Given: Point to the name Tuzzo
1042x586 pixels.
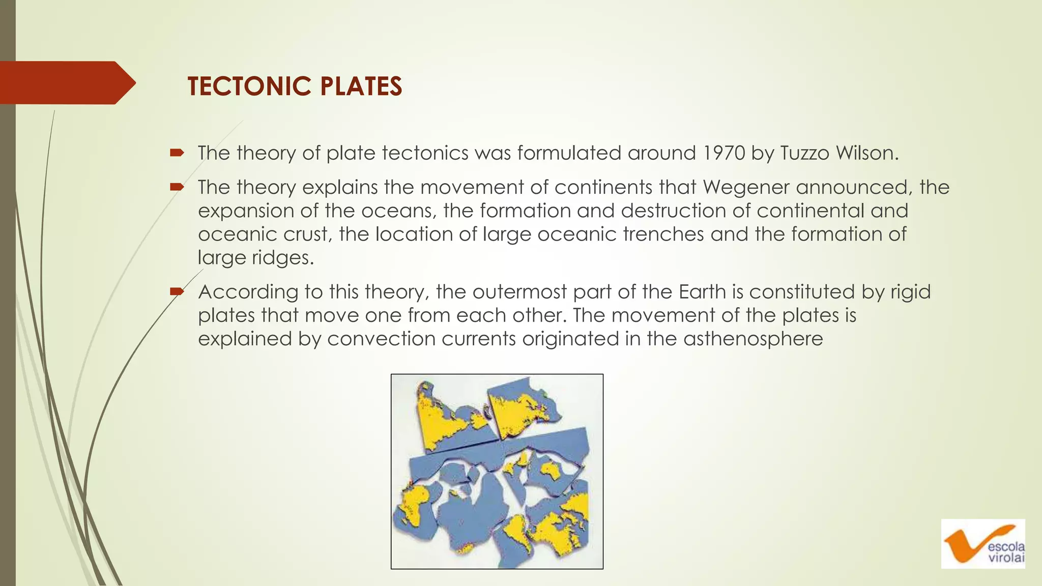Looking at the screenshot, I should (805, 153).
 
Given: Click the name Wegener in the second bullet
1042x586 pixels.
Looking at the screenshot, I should (746, 188).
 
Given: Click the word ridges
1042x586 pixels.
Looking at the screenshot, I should (283, 258).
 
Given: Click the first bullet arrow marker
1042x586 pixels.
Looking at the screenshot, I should (177, 153).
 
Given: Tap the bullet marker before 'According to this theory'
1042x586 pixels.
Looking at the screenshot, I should (177, 291).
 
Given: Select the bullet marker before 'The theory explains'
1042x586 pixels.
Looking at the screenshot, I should (177, 187).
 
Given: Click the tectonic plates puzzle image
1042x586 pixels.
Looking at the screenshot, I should (497, 471).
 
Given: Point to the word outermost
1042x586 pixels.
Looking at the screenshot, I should (519, 292).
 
